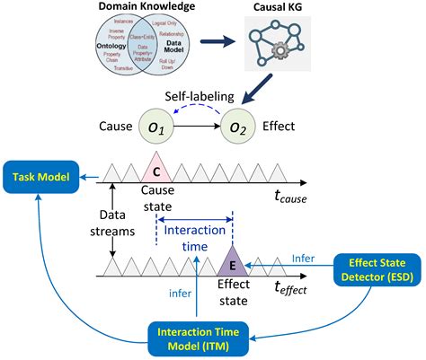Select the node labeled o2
(238, 128)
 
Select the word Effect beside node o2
(287, 128)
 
